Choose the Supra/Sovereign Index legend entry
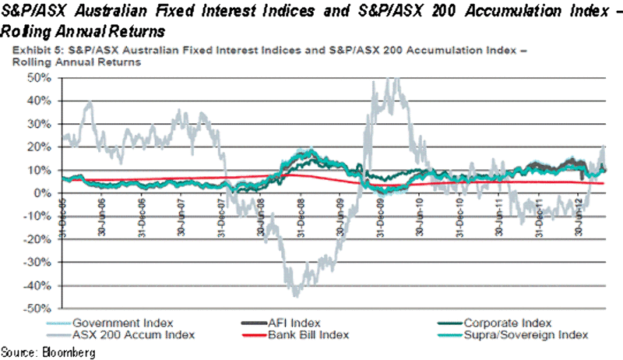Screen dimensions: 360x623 click(x=527, y=334)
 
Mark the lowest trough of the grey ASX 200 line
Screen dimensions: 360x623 click(x=296, y=295)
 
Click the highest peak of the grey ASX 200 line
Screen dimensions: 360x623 click(x=396, y=78)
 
